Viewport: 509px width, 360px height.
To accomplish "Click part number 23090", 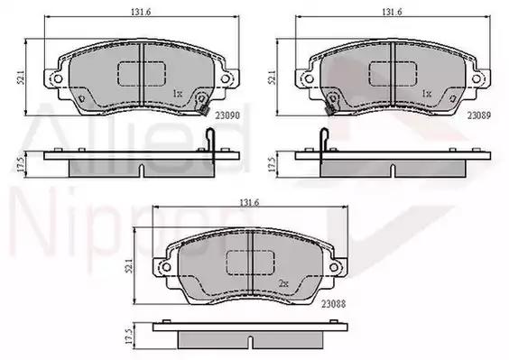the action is click(227, 115).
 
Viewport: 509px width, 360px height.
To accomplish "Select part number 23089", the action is click(479, 115).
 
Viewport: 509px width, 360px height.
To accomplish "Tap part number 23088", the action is click(333, 304).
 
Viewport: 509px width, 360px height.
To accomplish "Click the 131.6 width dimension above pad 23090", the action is click(141, 12).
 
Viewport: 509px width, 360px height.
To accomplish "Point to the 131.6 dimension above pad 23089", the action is click(392, 12).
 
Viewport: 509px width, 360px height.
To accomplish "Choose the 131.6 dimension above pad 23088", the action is click(249, 203).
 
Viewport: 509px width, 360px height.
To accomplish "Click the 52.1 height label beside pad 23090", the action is click(21, 78).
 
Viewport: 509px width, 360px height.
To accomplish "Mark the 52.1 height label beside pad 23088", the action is click(129, 266).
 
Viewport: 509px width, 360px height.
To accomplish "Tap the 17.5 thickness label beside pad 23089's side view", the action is click(272, 164).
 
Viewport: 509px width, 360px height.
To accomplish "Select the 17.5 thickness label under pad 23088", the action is click(129, 337).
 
